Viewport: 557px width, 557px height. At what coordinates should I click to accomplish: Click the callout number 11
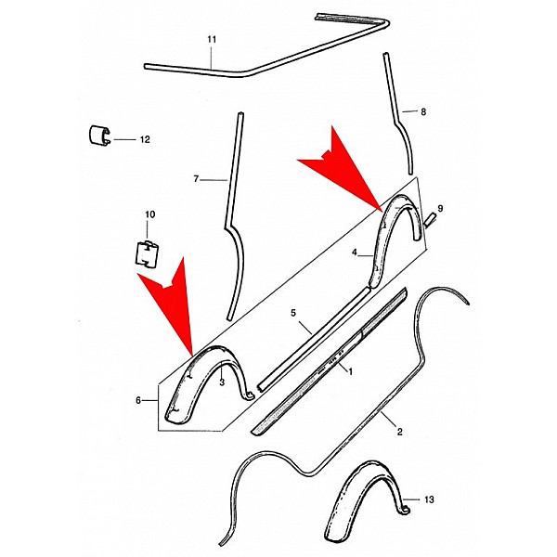pos(212,39)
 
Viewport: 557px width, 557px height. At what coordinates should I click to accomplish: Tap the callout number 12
pos(145,139)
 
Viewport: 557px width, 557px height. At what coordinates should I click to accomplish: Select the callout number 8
pos(423,112)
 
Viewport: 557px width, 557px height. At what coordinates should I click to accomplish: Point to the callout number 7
pos(196,179)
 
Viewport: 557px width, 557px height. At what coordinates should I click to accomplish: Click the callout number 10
pos(149,214)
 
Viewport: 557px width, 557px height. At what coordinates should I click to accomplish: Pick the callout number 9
pos(440,209)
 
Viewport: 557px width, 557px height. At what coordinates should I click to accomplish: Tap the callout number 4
pos(355,253)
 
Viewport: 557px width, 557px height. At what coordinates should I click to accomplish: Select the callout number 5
pos(293,313)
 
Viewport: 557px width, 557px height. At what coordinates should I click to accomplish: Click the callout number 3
pos(222,382)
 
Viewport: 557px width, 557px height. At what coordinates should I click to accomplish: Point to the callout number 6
pos(138,400)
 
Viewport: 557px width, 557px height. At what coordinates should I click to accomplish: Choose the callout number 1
pos(350,371)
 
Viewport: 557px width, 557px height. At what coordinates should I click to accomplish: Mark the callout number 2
pos(399,432)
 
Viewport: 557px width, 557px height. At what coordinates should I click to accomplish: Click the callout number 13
pos(429,499)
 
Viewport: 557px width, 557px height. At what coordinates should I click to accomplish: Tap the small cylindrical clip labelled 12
pos(99,136)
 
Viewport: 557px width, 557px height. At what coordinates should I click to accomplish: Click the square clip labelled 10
pos(147,253)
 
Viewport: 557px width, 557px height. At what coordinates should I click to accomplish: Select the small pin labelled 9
pos(429,218)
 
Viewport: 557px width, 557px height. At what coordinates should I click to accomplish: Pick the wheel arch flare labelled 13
pos(367,506)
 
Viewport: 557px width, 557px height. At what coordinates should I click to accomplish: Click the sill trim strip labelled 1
pos(329,362)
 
